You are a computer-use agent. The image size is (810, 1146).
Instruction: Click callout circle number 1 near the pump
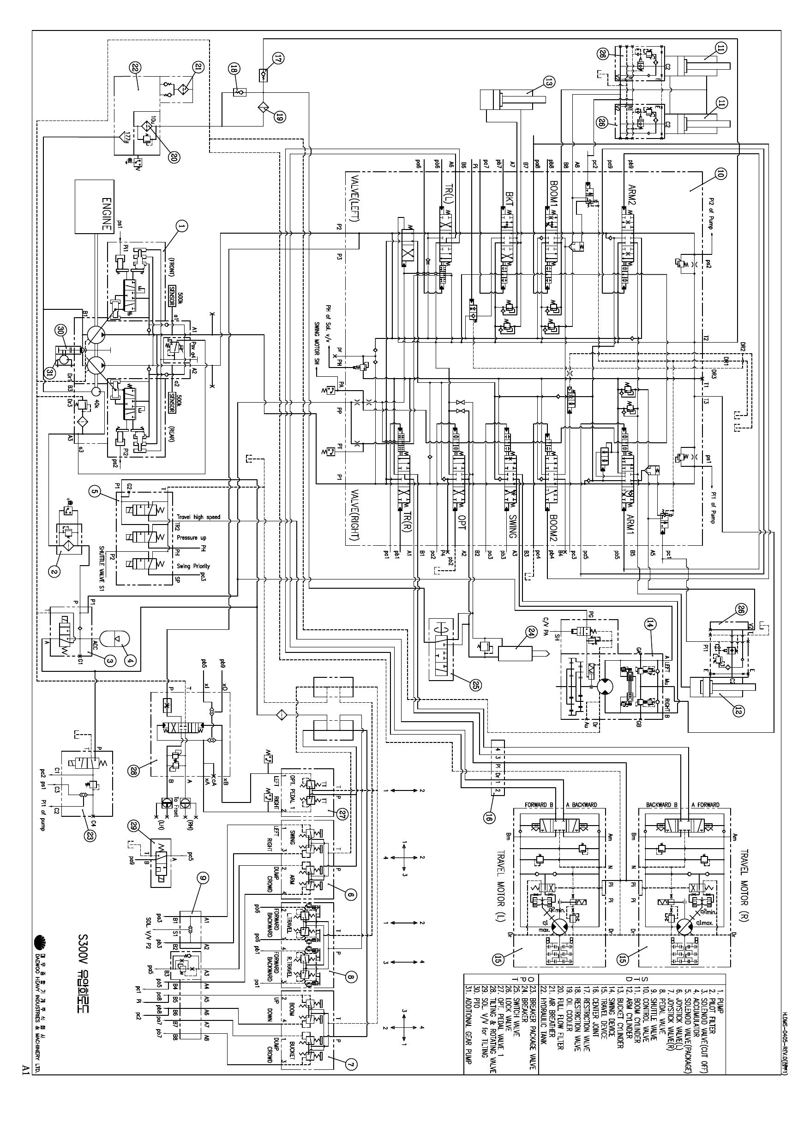pyautogui.click(x=182, y=227)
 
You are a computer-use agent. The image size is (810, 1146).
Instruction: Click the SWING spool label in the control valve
pyautogui.click(x=511, y=524)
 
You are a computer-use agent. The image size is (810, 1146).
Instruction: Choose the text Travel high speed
pyautogui.click(x=198, y=517)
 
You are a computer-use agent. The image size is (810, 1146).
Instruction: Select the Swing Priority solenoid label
pyautogui.click(x=193, y=566)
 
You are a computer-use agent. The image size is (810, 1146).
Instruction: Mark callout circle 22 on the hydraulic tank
pyautogui.click(x=136, y=68)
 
